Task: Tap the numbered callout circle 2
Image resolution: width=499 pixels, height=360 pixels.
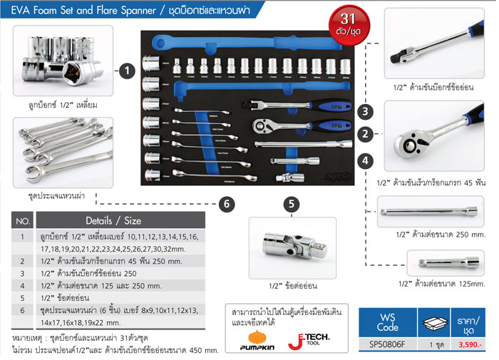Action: coord(364,133)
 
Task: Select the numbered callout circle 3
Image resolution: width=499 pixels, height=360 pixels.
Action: coord(364,111)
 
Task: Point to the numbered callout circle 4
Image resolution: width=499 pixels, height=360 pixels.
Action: coord(364,160)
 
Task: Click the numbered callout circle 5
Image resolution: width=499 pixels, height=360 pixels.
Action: coord(290,204)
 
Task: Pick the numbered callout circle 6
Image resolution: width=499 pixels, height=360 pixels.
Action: coord(226,204)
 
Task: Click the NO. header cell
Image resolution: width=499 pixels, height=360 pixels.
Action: coord(23,221)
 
